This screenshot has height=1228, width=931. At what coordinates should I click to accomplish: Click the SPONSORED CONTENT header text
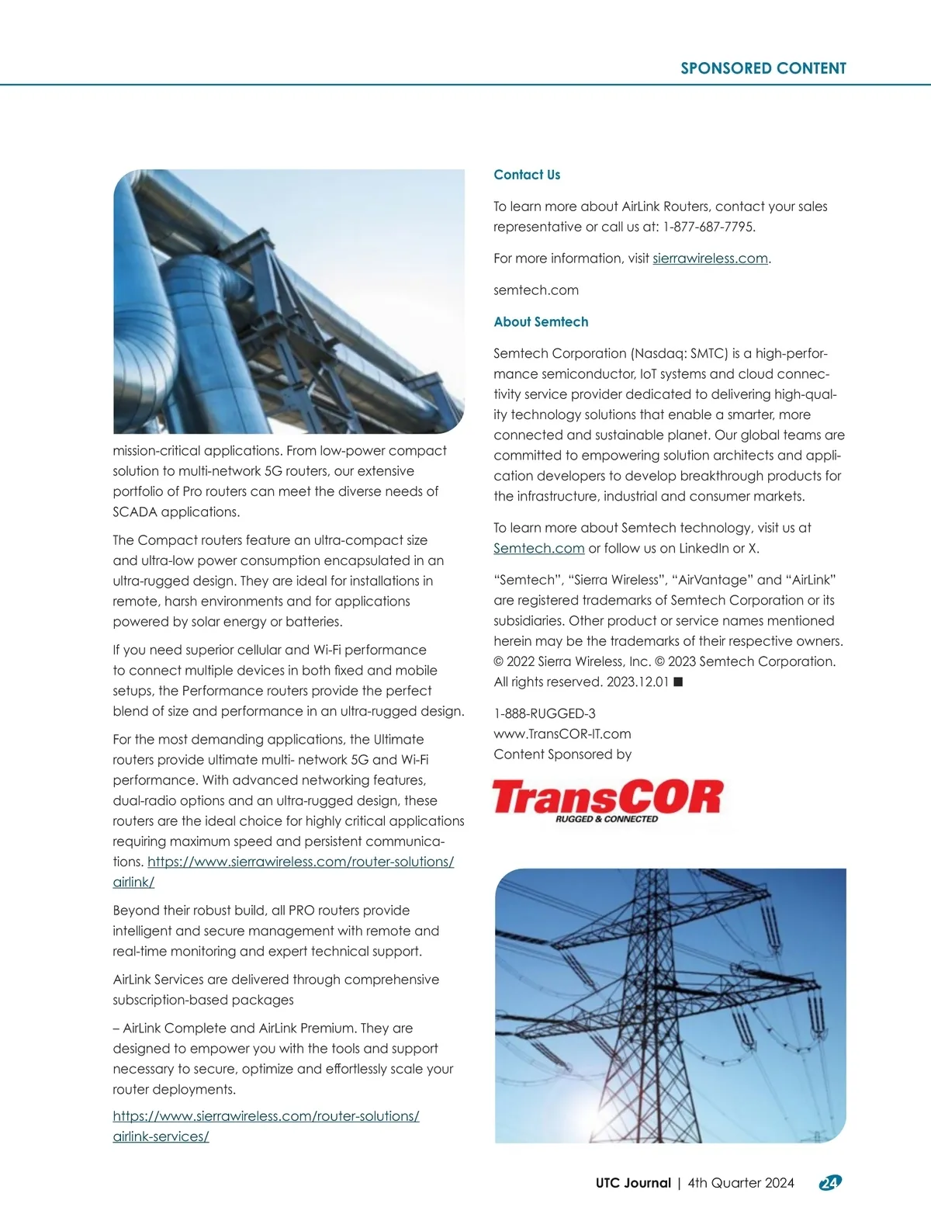[763, 68]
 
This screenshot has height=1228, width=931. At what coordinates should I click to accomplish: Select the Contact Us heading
[527, 175]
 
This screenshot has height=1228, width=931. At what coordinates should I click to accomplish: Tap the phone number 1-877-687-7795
[708, 227]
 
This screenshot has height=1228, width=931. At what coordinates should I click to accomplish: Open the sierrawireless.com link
[710, 258]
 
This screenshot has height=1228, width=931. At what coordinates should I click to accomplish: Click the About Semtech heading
[541, 321]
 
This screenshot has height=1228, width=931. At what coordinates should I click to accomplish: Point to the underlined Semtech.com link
[538, 548]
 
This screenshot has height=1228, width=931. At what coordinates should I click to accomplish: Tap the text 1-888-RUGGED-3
[545, 713]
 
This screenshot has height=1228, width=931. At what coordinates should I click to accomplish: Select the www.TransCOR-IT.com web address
[562, 734]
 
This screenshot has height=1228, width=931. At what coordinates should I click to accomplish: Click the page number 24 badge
[829, 1183]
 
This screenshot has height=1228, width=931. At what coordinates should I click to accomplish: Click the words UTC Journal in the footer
[633, 1183]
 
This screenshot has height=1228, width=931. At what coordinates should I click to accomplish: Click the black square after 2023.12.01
[677, 682]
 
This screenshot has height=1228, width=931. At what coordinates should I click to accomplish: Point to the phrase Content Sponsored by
[562, 754]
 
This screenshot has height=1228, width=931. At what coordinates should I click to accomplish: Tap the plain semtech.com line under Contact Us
[536, 290]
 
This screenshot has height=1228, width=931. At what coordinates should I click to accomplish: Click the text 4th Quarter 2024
[741, 1183]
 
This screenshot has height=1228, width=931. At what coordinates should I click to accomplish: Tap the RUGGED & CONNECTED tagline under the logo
[607, 819]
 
